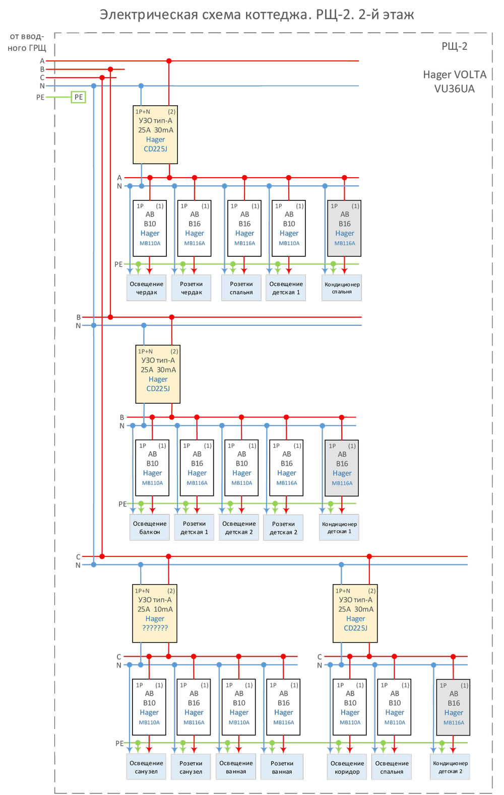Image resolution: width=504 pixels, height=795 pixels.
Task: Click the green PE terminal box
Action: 78,97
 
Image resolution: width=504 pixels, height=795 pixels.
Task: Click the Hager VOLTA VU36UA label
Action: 455,82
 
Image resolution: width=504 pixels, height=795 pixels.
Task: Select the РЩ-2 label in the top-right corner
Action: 455,46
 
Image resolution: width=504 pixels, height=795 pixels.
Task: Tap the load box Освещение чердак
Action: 146,288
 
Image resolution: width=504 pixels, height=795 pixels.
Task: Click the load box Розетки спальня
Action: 241,288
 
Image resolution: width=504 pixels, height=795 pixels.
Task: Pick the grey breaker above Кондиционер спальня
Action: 344,228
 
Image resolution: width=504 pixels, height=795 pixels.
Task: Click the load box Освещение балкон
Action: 150,528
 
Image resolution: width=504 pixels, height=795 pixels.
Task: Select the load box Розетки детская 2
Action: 283,528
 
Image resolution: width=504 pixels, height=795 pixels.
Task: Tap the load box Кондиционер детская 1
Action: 339,528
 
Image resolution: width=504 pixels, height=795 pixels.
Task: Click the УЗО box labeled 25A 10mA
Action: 155,613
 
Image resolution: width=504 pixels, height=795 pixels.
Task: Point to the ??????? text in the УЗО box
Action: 155,628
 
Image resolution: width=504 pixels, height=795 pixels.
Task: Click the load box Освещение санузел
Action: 146,767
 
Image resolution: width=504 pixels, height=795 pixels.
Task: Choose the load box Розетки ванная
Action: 282,767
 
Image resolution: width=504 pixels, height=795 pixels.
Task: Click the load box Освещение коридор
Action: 347,767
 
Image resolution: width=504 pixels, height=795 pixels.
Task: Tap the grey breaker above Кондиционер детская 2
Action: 454,707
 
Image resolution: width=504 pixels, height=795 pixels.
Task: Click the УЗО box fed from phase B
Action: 158,374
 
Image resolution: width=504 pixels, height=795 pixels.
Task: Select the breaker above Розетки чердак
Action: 195,228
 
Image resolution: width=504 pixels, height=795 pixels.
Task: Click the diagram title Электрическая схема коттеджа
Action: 257,15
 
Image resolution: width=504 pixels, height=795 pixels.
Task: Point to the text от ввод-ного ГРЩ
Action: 27,42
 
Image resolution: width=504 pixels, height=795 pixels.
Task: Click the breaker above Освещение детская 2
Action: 242,468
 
